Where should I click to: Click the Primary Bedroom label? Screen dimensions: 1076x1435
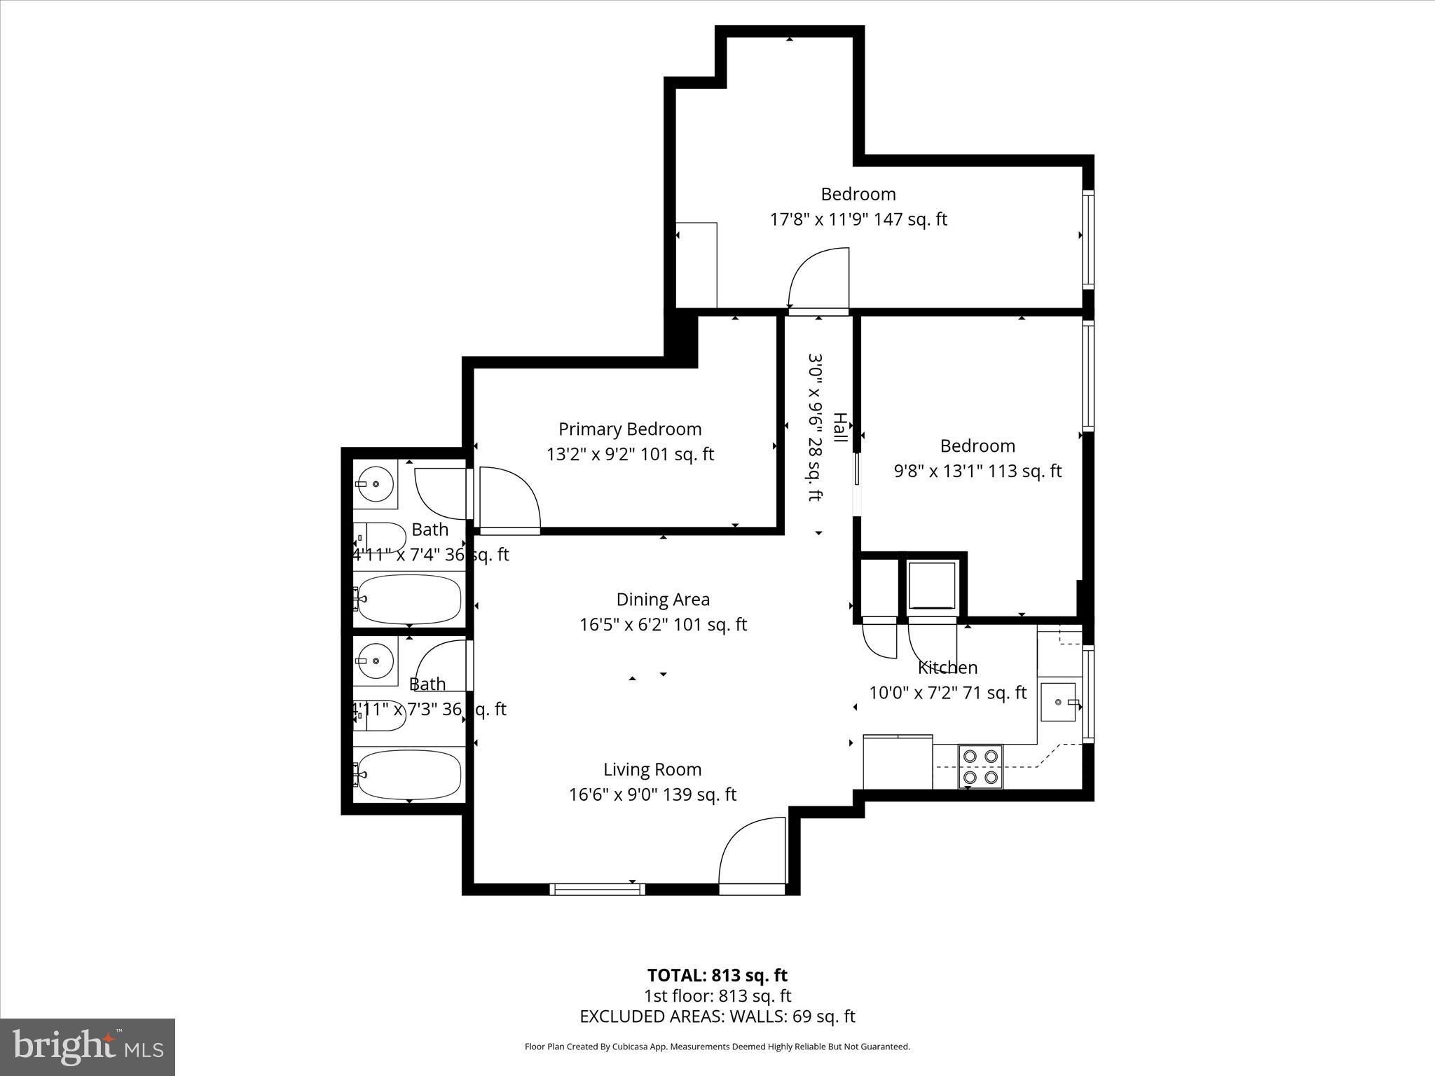tap(629, 429)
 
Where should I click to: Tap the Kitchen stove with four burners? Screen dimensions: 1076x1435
tap(980, 766)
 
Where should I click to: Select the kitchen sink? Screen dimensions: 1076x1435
tap(1057, 702)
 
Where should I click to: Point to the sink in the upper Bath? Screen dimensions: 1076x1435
tap(375, 484)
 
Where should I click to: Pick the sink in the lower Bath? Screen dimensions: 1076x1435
tap(375, 661)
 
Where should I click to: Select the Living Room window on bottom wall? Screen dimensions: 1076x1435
tap(598, 889)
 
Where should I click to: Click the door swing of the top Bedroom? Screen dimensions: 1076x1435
tap(818, 279)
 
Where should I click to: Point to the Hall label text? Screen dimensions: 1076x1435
tap(839, 427)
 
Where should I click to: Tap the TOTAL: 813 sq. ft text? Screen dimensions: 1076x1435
tap(717, 975)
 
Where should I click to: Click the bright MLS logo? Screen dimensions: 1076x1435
tap(88, 1047)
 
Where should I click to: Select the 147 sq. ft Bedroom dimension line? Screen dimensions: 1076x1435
tap(858, 219)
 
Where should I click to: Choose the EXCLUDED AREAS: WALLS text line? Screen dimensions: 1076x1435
tap(717, 1016)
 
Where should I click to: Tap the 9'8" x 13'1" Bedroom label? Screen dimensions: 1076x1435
tap(977, 471)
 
